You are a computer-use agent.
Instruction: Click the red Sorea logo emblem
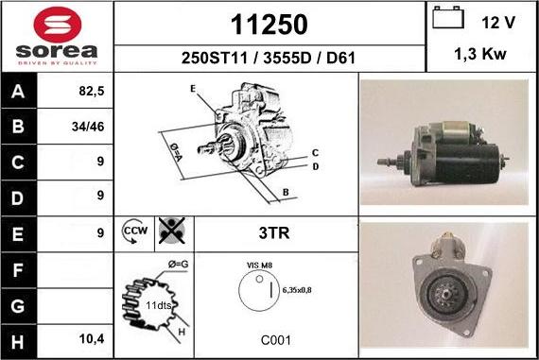[58, 25]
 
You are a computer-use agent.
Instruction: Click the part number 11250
[269, 25]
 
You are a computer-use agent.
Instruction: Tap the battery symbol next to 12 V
[448, 17]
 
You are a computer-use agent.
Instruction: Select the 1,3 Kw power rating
[480, 54]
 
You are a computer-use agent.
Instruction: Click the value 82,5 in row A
[92, 91]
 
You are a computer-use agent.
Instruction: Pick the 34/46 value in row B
[88, 127]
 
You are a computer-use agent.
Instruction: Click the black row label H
[18, 342]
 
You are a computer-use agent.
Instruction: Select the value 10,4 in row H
[92, 339]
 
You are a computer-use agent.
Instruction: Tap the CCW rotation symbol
[134, 231]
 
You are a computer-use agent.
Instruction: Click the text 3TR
[274, 232]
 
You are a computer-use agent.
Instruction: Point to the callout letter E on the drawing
[193, 89]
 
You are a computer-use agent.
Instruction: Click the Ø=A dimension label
[176, 152]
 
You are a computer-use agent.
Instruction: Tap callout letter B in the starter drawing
[286, 193]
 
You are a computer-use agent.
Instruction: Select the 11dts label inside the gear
[159, 305]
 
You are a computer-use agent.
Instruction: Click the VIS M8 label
[259, 266]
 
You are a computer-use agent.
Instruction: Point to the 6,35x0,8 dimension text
[297, 290]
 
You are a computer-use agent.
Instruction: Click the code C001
[276, 340]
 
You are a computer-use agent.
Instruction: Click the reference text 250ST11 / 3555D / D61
[269, 58]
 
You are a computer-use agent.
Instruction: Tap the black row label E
[18, 234]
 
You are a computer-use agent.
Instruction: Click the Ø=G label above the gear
[179, 265]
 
